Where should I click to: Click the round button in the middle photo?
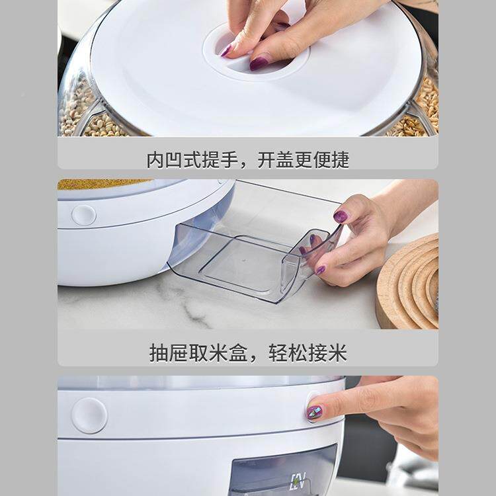pos(84,215)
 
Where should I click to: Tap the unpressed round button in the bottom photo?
pos(89,415)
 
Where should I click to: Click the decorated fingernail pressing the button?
pos(315,412)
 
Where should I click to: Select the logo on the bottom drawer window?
pos(298,481)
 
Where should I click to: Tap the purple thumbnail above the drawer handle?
pos(341,217)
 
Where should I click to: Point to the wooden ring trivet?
pos(408,284)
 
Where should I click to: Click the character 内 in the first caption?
pos(156,160)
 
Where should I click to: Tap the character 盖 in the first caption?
pos(284,160)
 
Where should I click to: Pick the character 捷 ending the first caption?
pos(340,160)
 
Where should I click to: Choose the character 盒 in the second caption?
pos(238,352)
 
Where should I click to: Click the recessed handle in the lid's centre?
pos(256,52)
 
